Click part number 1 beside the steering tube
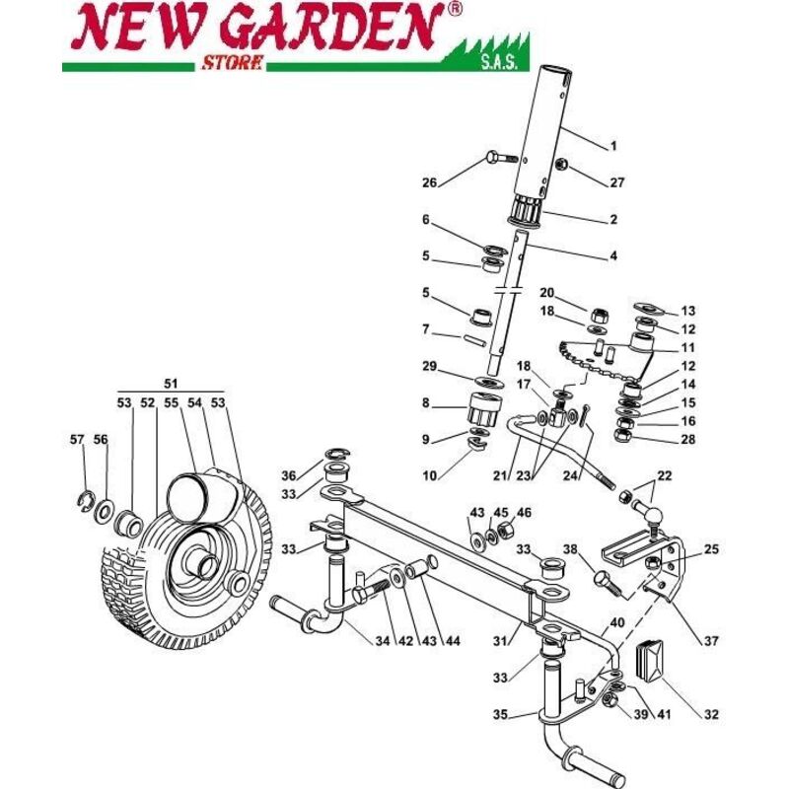pos(612,146)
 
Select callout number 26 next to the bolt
pos(428,182)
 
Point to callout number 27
pos(618,182)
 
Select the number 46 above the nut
pos(524,513)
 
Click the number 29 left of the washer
pos(428,367)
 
